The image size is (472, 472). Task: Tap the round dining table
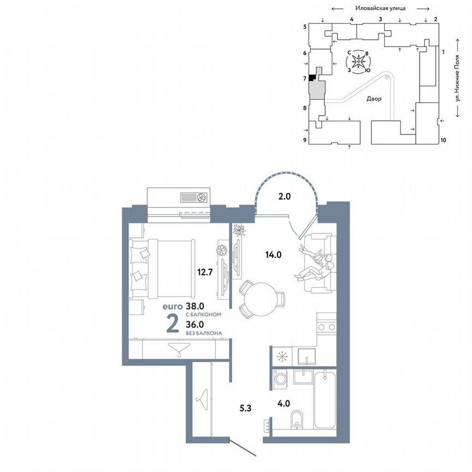tap(259, 299)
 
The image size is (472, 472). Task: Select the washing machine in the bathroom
tap(280, 379)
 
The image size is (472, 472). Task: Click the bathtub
tap(327, 399)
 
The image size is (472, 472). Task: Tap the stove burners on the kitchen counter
tap(326, 327)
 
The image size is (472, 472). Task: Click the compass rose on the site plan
tap(359, 62)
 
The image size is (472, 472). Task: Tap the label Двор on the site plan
tap(374, 99)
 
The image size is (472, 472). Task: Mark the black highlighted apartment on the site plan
tap(312, 78)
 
